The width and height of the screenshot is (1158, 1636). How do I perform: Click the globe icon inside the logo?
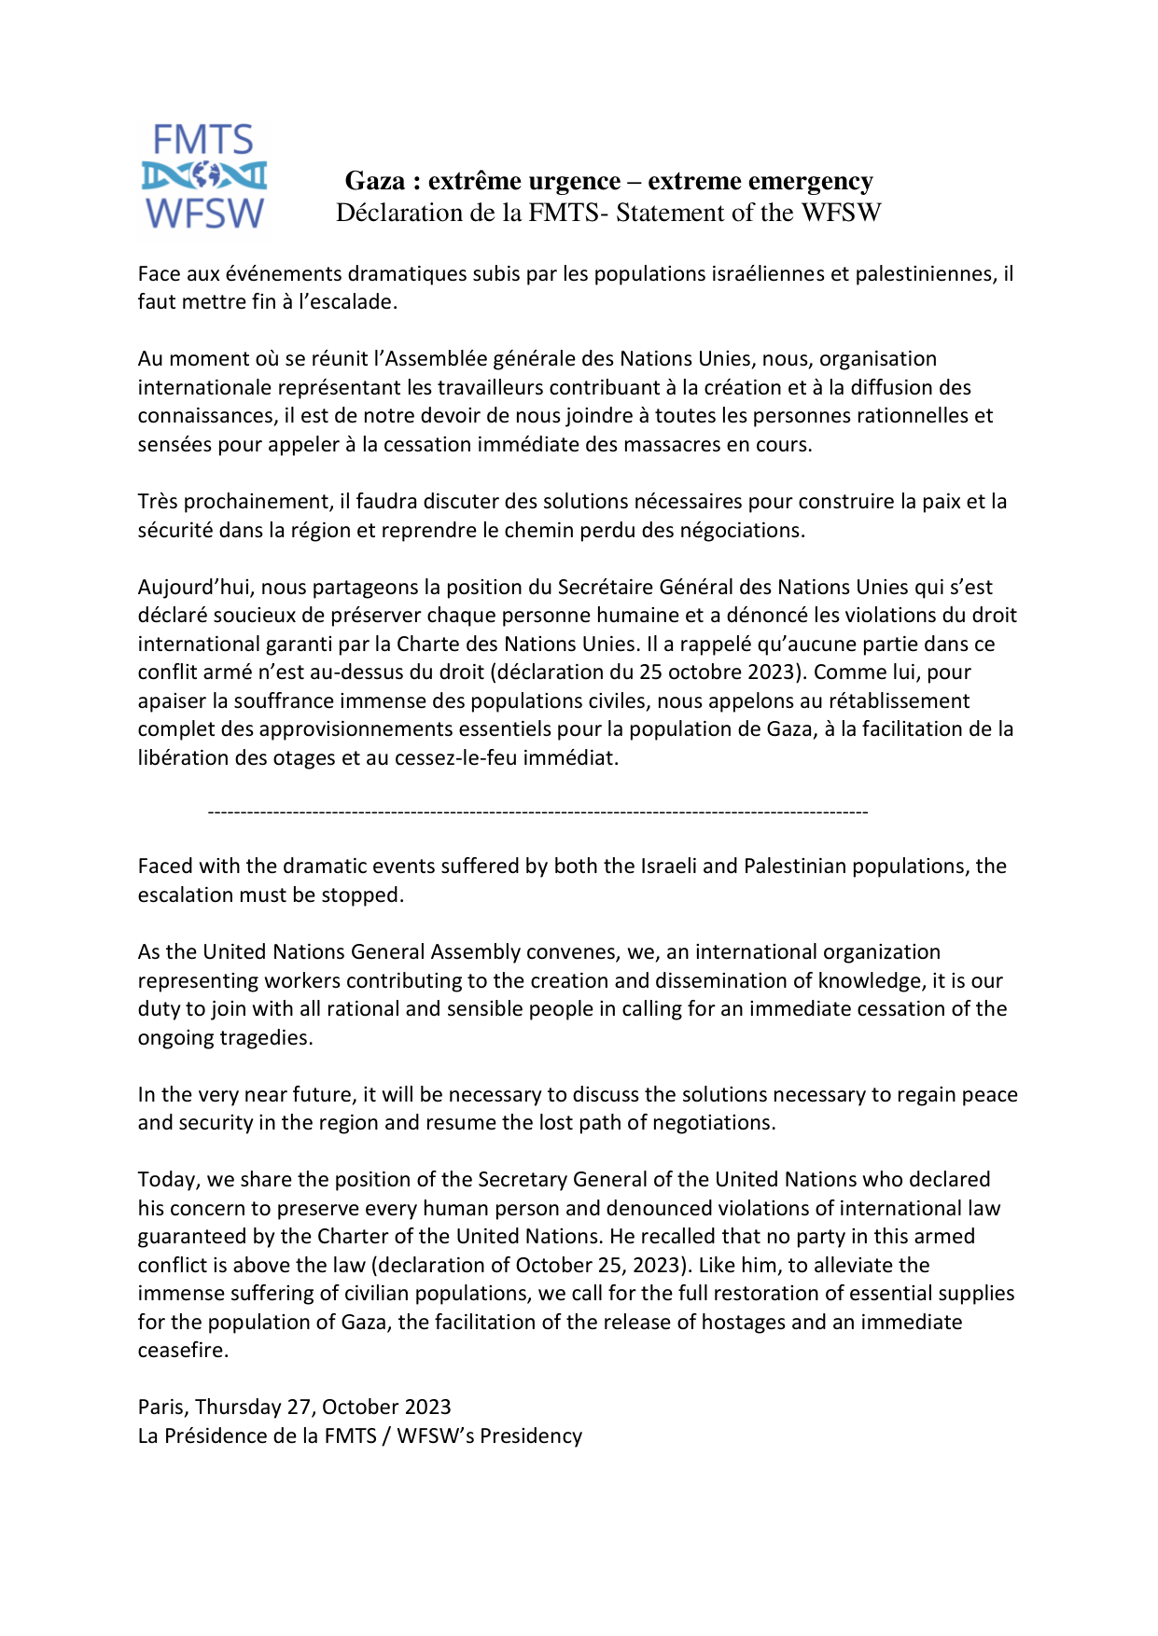(204, 175)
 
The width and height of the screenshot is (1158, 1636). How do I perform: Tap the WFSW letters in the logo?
(204, 214)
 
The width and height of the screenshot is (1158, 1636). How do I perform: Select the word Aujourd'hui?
(195, 588)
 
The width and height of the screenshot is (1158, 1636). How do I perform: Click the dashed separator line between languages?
(537, 812)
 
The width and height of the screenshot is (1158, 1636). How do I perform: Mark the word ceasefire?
(182, 1351)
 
